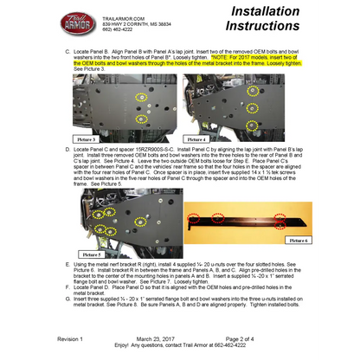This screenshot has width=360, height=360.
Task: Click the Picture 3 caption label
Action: coord(87,138)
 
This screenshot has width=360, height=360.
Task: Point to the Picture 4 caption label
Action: coord(196,138)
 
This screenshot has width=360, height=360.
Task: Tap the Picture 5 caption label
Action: coord(92,254)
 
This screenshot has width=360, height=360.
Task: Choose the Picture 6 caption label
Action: coord(311,239)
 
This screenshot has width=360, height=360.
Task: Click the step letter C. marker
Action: coord(67,51)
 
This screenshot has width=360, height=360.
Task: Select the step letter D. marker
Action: coord(67,149)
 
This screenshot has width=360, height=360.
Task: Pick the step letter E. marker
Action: coord(67,263)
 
